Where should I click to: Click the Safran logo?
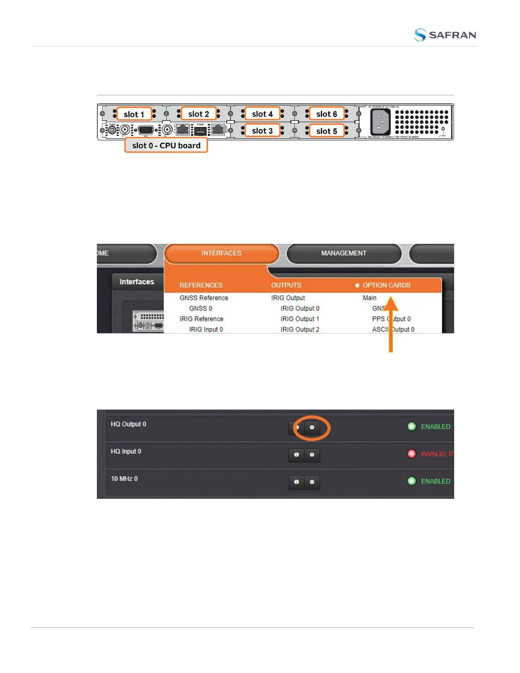445,35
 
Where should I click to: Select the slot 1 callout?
134,114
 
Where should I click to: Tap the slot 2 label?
198,114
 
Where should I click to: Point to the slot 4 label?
262,114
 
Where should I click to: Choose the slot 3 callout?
262,131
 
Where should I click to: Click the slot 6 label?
326,114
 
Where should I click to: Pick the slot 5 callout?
326,131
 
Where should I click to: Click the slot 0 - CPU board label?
166,145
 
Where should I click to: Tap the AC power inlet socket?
380,122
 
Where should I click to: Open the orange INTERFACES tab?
221,253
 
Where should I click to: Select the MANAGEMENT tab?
344,253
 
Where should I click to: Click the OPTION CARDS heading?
386,285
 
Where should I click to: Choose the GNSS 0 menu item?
201,308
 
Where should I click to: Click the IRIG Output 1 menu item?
300,319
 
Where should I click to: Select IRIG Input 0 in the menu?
206,329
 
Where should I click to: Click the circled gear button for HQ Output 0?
312,427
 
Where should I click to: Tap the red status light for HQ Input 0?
412,454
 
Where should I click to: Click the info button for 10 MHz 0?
297,482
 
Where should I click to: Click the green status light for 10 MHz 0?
412,481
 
